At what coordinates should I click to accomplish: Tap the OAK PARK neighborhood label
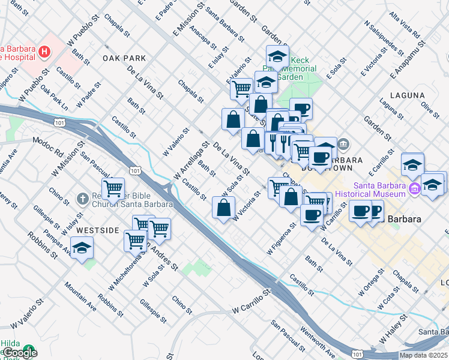click(124, 58)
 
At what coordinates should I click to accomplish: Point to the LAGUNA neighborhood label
click(407, 95)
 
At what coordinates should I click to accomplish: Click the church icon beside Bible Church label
click(83, 198)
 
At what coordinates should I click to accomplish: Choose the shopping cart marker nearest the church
click(113, 188)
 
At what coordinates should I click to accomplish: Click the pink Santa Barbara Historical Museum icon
click(414, 190)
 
